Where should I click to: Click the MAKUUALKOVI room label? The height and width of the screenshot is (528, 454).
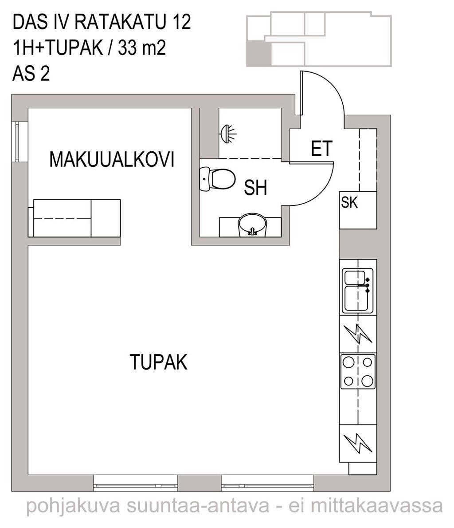112,159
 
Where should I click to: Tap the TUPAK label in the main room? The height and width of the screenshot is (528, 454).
158,362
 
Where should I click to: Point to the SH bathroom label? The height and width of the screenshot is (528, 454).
255,188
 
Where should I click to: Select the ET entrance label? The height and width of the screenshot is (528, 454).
322,149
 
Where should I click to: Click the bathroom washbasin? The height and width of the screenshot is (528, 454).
252,225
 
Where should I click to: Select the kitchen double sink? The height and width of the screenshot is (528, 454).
358,290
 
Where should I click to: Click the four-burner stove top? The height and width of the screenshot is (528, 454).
358,371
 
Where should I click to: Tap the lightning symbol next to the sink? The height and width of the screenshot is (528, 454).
358,334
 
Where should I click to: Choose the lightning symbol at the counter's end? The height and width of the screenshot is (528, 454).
358,443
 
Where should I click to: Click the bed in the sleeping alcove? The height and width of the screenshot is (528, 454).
74,218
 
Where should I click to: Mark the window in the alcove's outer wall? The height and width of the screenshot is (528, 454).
16,142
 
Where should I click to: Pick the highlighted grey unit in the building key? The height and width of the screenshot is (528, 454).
259,54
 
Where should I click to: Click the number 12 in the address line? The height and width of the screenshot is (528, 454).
182,22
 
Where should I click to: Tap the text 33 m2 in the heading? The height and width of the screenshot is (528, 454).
142,48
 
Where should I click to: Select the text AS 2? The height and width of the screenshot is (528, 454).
31,74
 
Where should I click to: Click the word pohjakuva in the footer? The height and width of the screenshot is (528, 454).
73,506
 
